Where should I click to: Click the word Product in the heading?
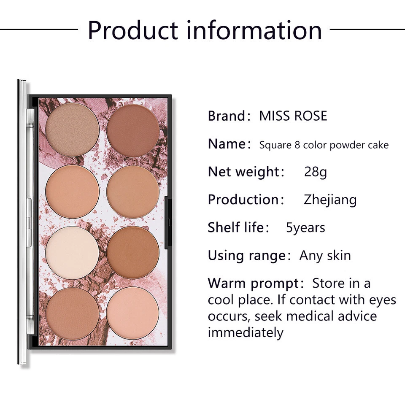(x=132, y=30)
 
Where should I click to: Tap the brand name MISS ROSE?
(x=293, y=116)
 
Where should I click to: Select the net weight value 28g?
(x=315, y=172)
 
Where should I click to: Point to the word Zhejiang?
(x=330, y=200)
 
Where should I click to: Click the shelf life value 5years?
(x=305, y=228)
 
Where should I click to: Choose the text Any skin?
(x=325, y=255)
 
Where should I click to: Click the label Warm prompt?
(x=254, y=283)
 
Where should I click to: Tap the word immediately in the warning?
(x=245, y=332)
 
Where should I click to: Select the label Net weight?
(x=243, y=172)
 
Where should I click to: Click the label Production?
(x=243, y=200)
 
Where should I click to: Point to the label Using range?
(x=246, y=256)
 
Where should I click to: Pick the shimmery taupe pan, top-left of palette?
(x=72, y=130)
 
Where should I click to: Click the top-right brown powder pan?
(x=133, y=130)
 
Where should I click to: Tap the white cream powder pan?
(x=72, y=252)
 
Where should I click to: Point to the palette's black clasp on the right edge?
(x=166, y=221)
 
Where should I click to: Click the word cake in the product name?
(x=378, y=145)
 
